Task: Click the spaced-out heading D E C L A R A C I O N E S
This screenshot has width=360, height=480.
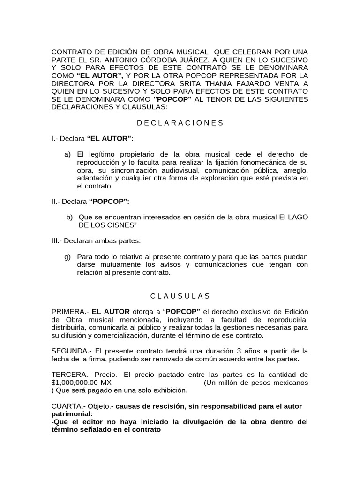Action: tap(180, 123)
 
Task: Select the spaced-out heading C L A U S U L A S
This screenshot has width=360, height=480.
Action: tap(180, 296)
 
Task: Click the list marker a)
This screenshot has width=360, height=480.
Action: tap(67, 154)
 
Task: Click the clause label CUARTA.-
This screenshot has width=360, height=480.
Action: tap(68, 406)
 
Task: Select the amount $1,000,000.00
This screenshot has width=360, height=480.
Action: tap(77, 382)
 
